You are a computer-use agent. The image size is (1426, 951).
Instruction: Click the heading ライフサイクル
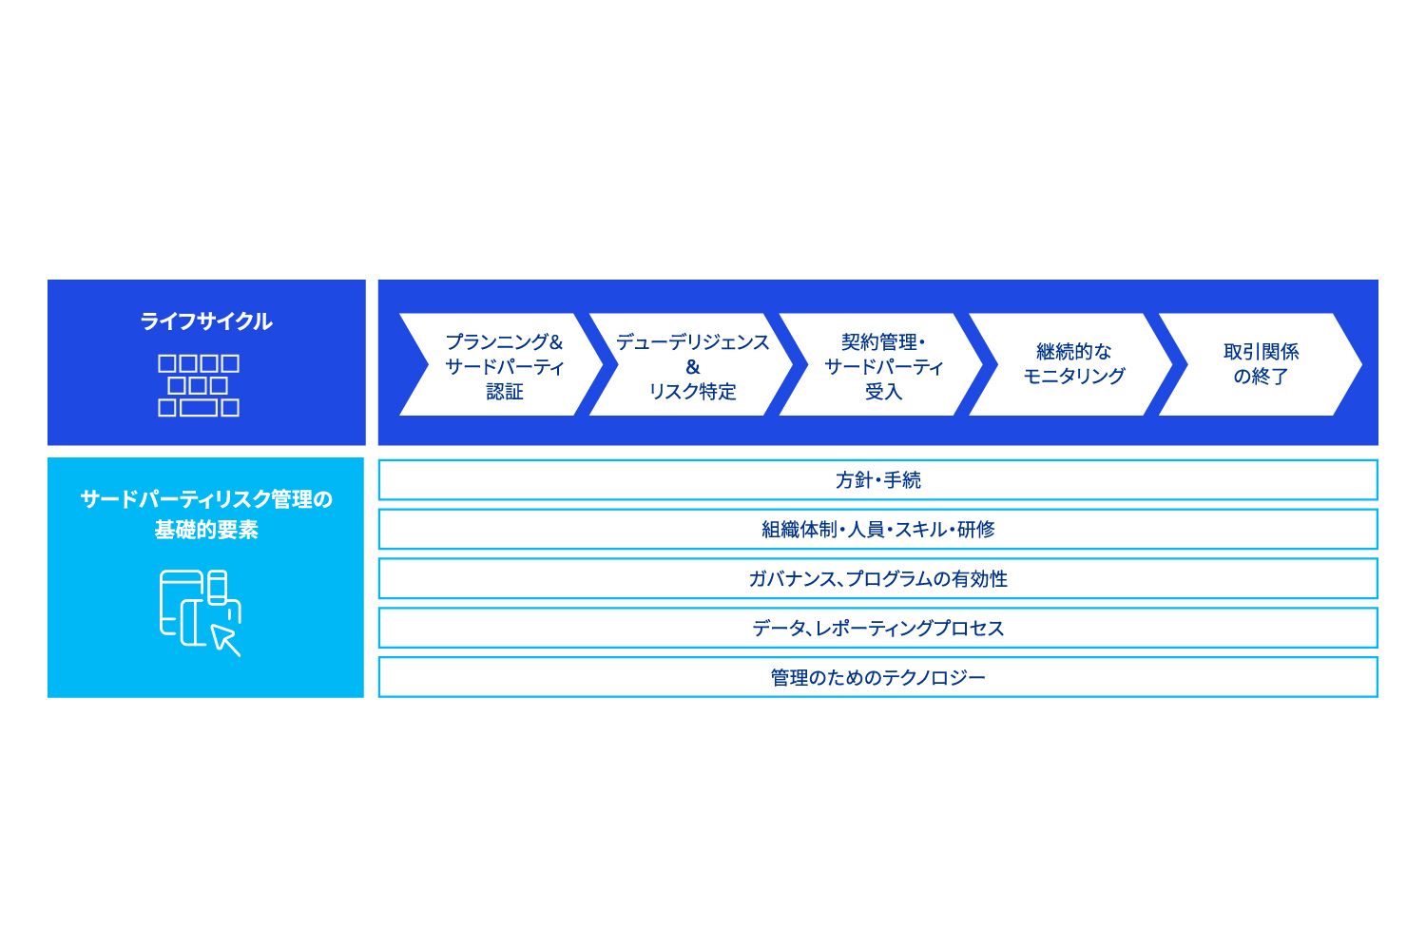pyautogui.click(x=205, y=321)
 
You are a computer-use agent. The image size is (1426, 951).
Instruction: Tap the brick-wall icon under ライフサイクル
pyautogui.click(x=199, y=385)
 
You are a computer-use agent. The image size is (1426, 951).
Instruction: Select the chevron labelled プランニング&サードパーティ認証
pyautogui.click(x=501, y=364)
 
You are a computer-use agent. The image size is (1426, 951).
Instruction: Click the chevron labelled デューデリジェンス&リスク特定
pyautogui.click(x=691, y=364)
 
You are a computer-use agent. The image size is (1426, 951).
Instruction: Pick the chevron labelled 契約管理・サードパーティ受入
pyautogui.click(x=881, y=364)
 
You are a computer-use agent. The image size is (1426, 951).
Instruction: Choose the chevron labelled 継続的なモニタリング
pyautogui.click(x=1070, y=364)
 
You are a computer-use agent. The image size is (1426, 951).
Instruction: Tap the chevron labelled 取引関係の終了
pyautogui.click(x=1261, y=364)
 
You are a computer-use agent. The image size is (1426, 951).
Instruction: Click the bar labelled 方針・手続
pyautogui.click(x=877, y=479)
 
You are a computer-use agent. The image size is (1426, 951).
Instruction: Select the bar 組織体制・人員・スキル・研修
pyautogui.click(x=877, y=529)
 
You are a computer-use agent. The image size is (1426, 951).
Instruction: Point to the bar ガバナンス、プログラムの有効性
pyautogui.click(x=877, y=578)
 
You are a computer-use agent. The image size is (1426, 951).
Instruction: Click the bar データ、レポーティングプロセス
pyautogui.click(x=877, y=628)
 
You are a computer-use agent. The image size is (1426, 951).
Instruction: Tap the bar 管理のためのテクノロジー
pyautogui.click(x=877, y=677)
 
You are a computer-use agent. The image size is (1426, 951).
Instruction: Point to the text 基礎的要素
pyautogui.click(x=206, y=530)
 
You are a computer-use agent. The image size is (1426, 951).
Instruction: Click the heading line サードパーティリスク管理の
pyautogui.click(x=206, y=498)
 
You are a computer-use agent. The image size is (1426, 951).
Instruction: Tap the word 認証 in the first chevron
pyautogui.click(x=504, y=391)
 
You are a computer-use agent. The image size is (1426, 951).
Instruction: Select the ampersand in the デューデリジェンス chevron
pyautogui.click(x=693, y=367)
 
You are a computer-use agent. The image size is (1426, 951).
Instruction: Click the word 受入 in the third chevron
pyautogui.click(x=883, y=391)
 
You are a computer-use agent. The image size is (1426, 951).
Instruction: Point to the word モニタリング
pyautogui.click(x=1074, y=376)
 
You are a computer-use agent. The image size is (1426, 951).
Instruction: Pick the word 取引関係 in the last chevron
pyautogui.click(x=1262, y=352)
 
